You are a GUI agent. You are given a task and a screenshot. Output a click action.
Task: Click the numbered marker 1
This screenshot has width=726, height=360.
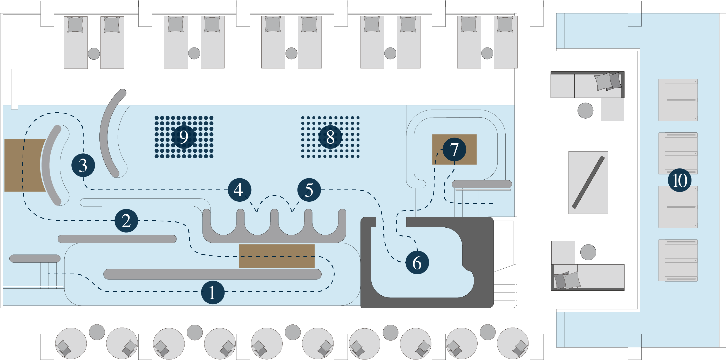[213, 292]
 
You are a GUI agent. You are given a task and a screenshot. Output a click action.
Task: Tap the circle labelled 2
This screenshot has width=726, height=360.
[126, 220]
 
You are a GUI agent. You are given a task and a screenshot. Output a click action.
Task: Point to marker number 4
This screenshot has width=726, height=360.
[239, 190]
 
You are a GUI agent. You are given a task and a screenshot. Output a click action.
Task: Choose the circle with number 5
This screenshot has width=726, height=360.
[309, 190]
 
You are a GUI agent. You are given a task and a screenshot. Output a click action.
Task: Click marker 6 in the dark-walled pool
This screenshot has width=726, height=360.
[417, 262]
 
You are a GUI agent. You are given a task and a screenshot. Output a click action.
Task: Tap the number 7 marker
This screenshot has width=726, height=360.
[454, 150]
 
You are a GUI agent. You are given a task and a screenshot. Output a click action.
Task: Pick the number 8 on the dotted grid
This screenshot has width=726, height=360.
[330, 137]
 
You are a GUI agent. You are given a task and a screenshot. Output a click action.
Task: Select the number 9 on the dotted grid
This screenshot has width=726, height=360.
[184, 137]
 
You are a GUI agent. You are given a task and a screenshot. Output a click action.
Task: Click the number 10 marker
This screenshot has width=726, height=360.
[680, 180]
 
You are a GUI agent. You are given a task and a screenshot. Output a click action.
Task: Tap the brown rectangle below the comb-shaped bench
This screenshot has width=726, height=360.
[277, 256]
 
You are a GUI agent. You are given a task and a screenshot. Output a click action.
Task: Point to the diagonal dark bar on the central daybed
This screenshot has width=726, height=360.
[588, 182]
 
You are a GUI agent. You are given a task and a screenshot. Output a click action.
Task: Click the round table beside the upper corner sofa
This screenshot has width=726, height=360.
[585, 110]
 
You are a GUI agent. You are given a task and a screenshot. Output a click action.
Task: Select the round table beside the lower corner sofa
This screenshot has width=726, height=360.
[588, 252]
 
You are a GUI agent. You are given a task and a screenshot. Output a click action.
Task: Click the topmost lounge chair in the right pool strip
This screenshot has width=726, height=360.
[678, 100]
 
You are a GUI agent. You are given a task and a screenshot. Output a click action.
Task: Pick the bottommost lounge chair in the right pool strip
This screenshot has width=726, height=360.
[678, 260]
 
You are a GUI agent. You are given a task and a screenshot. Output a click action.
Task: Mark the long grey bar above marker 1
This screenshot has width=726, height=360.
[212, 274]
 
